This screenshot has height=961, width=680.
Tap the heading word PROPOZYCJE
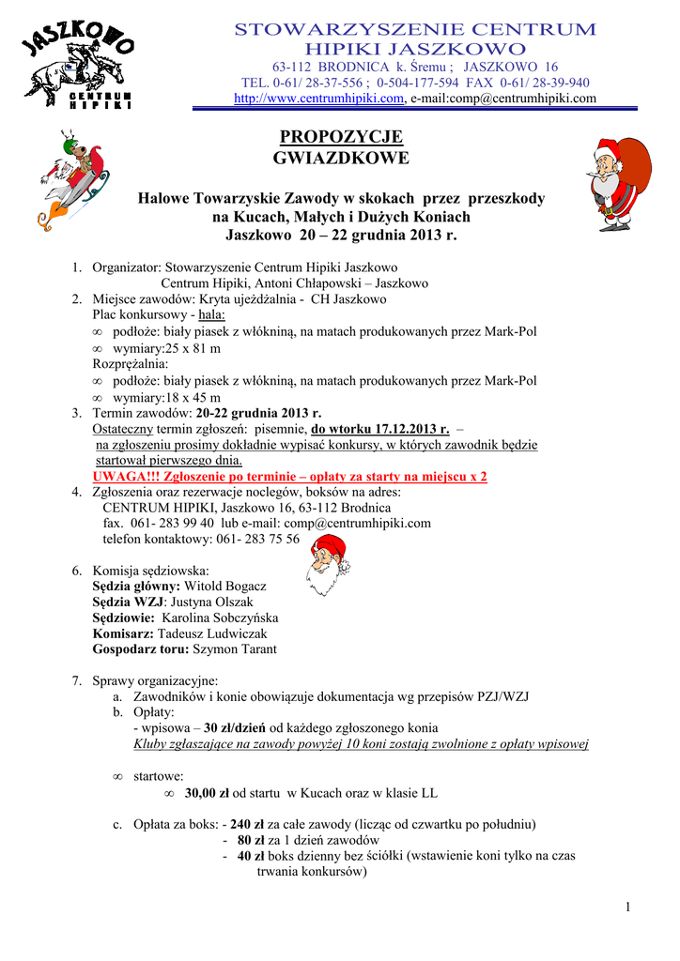pos(341,137)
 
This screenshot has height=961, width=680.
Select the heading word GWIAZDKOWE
pos(341,158)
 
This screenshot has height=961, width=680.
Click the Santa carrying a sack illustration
pos(619,184)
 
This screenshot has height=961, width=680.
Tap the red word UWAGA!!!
pos(126,477)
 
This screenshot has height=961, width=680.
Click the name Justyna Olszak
pos(211,603)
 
